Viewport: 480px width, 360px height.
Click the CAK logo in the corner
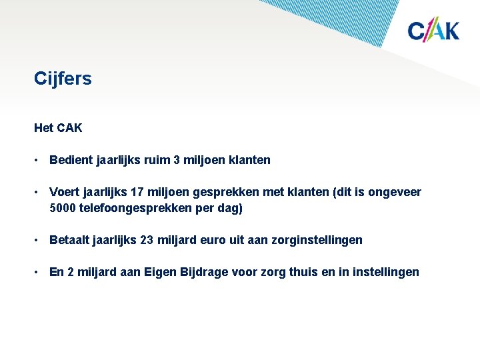pyautogui.click(x=433, y=30)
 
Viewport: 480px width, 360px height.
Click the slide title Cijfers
pyautogui.click(x=63, y=79)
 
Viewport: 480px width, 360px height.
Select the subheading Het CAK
pyautogui.click(x=58, y=127)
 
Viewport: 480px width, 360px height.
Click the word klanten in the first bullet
pyautogui.click(x=250, y=160)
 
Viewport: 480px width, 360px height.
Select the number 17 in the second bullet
pyautogui.click(x=137, y=193)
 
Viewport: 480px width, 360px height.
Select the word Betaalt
pyautogui.click(x=70, y=240)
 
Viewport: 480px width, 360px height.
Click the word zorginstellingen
pyautogui.click(x=317, y=240)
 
